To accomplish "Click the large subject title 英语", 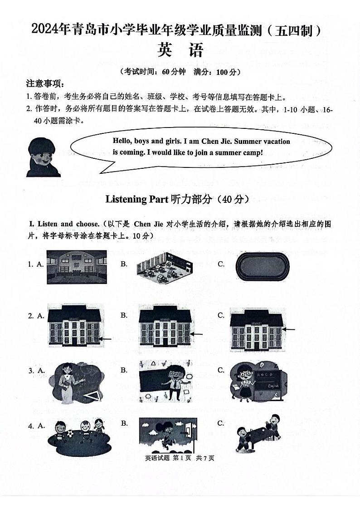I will pyautogui.click(x=180, y=50).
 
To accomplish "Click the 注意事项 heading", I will pyautogui.click(x=45, y=83).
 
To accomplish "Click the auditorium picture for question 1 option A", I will pyautogui.click(x=76, y=267).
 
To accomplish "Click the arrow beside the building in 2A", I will pyautogui.click(x=106, y=338).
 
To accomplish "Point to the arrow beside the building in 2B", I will pyautogui.click(x=196, y=334).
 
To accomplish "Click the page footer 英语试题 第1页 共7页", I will pyautogui.click(x=179, y=458).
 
